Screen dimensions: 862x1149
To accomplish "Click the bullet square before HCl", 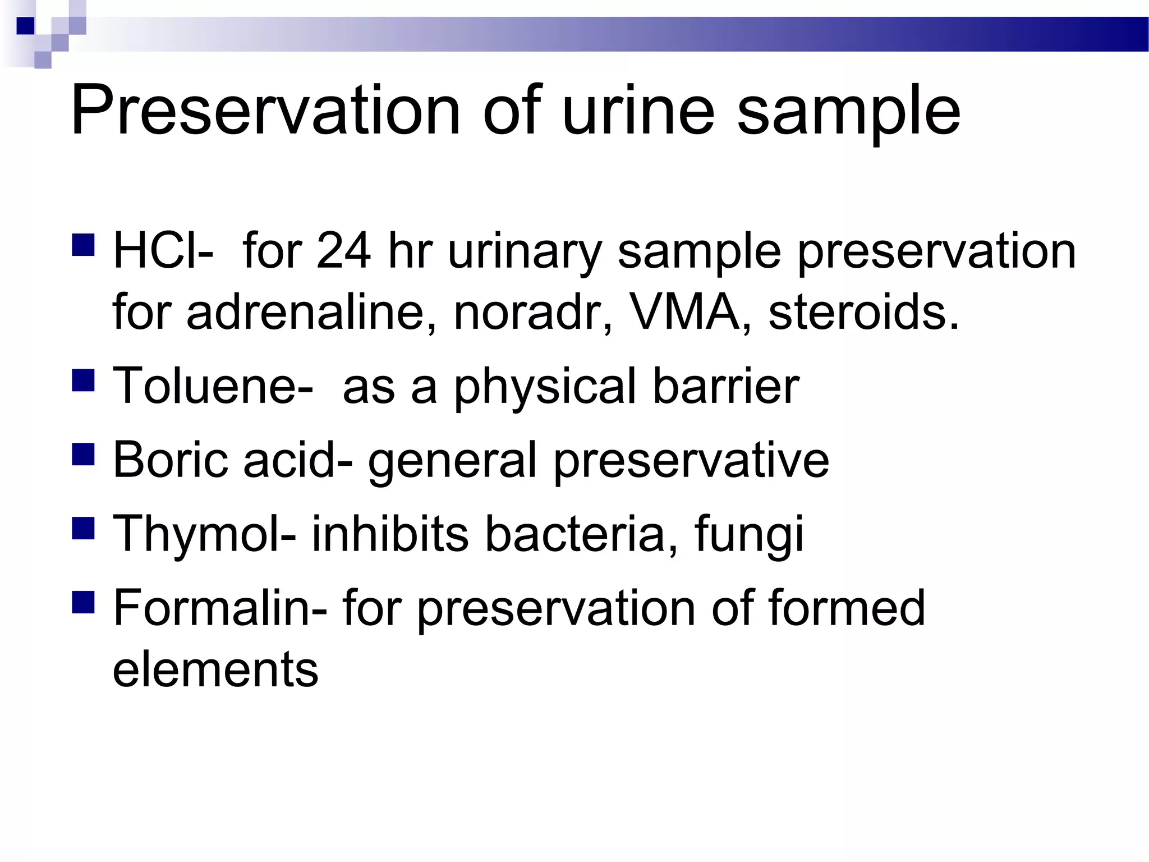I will [83, 245].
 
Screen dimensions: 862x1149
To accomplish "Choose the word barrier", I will [726, 386].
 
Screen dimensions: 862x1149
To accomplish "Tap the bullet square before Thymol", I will [83, 528].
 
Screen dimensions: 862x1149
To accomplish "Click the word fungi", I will [749, 535].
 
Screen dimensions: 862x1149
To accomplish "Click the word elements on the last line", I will [215, 669].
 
